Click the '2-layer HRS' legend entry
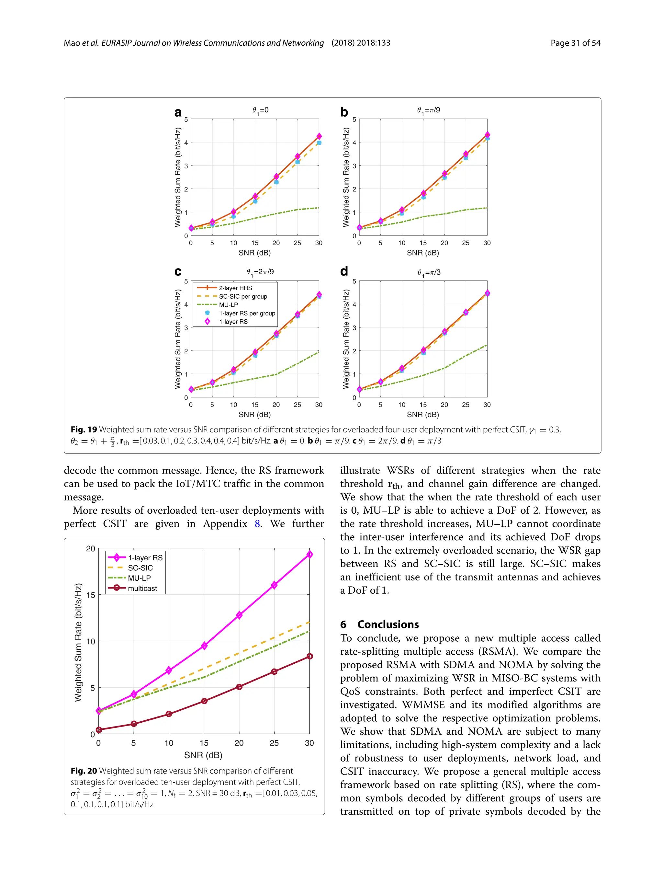(x=235, y=288)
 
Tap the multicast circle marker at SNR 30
(x=309, y=656)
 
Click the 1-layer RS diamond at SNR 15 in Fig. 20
(x=204, y=645)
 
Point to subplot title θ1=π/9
(x=428, y=110)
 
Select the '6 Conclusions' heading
(x=379, y=624)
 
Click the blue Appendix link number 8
(x=258, y=523)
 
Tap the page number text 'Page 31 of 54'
(x=575, y=43)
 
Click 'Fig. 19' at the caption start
(x=84, y=430)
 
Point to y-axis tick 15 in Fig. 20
(x=91, y=595)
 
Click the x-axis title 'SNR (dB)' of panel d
(x=423, y=415)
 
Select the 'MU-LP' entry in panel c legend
(x=228, y=304)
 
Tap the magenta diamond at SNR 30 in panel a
(x=319, y=136)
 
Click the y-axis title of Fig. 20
(x=78, y=642)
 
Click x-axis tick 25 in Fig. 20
(x=274, y=743)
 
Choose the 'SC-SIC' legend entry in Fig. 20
(x=140, y=568)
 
